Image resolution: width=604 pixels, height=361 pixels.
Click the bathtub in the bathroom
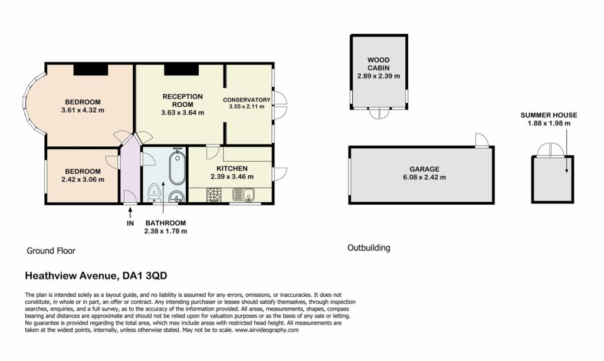click(177, 167)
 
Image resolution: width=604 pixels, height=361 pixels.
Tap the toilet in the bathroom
click(154, 192)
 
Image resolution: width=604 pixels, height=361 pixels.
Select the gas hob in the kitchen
click(214, 195)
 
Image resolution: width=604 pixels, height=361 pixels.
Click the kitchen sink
click(244, 195)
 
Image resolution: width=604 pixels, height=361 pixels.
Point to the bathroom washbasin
click(177, 196)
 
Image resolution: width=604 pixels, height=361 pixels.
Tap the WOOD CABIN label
click(378, 64)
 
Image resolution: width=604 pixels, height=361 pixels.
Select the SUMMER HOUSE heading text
click(549, 115)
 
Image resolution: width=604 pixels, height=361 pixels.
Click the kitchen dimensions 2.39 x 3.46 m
click(232, 177)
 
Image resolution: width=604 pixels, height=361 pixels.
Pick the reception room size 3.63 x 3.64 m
click(183, 113)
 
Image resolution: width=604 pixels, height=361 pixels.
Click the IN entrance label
click(130, 223)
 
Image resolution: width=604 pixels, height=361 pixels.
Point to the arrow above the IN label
click(130, 212)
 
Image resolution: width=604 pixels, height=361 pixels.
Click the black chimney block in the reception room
click(182, 70)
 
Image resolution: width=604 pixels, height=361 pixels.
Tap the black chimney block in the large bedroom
click(90, 70)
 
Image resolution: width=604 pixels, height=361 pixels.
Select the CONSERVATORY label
click(247, 100)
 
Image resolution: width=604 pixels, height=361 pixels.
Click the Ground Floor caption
click(51, 251)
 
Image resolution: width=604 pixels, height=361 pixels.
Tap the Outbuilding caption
click(369, 248)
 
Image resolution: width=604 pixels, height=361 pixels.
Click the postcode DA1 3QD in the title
click(145, 276)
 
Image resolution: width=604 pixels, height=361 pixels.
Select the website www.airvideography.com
click(267, 330)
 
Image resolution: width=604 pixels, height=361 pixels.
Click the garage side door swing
click(482, 140)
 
